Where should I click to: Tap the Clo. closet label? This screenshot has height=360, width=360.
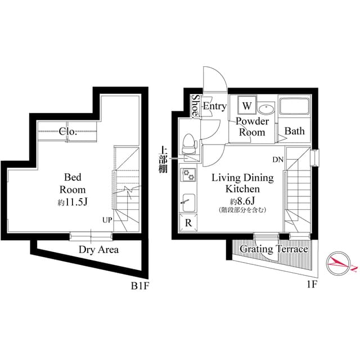pos(68,132)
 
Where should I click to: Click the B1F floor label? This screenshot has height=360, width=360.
pos(140,285)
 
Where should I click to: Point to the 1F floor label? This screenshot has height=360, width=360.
pos(312,285)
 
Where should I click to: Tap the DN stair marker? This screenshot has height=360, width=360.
pos(278,160)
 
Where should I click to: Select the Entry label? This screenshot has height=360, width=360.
pos(214,106)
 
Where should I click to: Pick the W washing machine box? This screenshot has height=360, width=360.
pos(247,105)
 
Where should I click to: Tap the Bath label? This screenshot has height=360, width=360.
pos(294,132)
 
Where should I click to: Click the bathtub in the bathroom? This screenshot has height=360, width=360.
pos(295,108)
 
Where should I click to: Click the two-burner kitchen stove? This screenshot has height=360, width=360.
pos(188,175)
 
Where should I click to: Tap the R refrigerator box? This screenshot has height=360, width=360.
pos(188,222)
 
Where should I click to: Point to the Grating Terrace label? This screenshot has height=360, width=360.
pos(274,249)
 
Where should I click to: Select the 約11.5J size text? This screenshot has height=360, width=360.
pos(73,202)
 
